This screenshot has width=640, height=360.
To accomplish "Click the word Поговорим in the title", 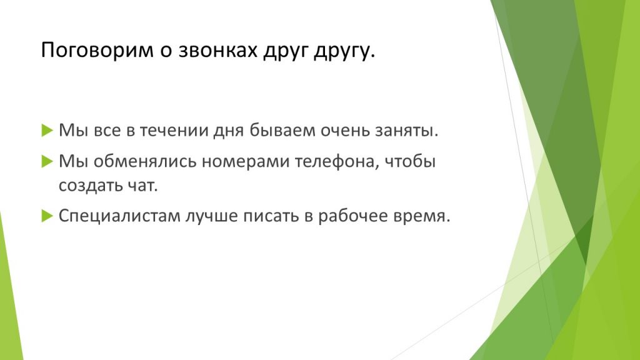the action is click(x=97, y=50).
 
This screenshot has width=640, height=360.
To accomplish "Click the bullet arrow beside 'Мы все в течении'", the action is click(x=47, y=131).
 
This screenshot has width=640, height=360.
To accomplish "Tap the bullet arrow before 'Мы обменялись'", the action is click(x=47, y=162).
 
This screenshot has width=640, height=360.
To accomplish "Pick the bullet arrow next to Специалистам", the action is click(x=47, y=216).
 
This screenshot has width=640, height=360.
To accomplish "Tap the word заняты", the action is click(x=412, y=131).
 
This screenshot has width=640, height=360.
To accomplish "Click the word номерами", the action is click(x=246, y=162).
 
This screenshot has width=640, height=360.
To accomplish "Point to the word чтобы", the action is click(x=410, y=161).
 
